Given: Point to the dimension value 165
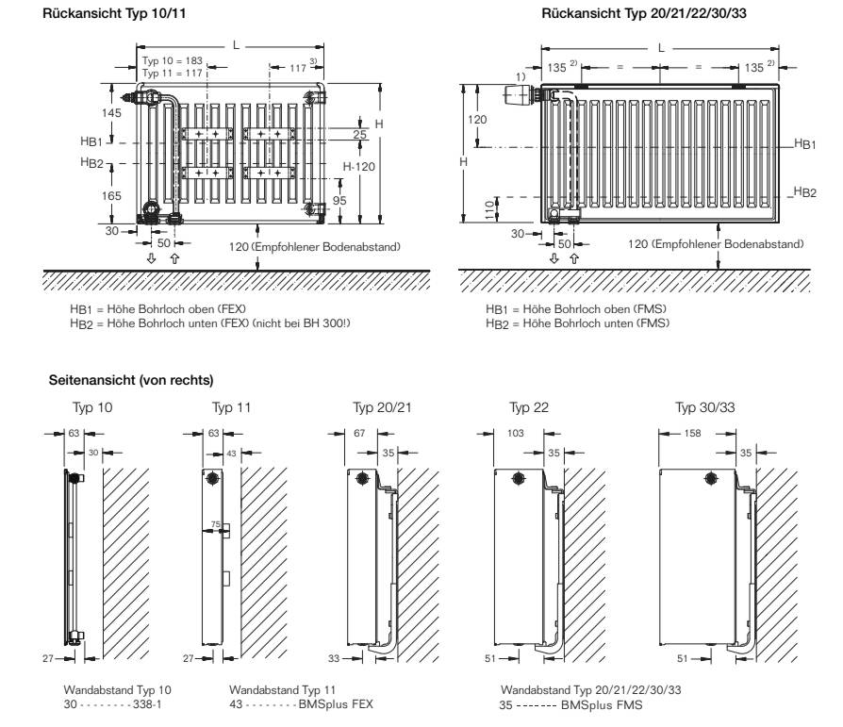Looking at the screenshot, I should point(111,195).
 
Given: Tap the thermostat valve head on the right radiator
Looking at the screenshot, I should point(518,93).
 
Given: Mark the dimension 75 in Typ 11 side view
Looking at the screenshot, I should point(216,524).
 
